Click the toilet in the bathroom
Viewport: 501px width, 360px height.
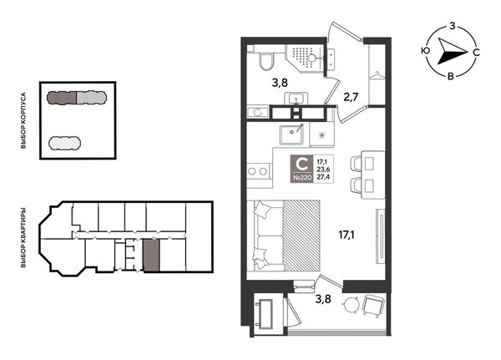[266, 62]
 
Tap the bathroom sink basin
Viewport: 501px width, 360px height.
[297, 99]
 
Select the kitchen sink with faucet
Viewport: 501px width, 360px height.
[291, 134]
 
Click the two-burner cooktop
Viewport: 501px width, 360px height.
[258, 171]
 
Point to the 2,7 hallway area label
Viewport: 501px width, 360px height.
[351, 97]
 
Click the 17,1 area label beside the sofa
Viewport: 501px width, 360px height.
[347, 236]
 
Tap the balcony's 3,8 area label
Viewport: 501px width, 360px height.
[322, 299]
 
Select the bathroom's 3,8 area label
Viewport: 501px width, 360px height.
[280, 84]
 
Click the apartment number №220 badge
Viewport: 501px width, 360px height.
[301, 178]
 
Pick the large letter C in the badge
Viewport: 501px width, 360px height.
[301, 165]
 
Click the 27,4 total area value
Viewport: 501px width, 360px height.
[323, 177]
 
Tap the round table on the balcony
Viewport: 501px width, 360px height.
[352, 304]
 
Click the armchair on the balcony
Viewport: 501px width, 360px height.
[374, 305]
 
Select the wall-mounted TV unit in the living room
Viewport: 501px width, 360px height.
[381, 236]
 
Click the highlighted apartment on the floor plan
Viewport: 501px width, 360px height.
[151, 255]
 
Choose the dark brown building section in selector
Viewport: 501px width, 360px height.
[62, 98]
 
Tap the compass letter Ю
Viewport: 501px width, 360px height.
[425, 51]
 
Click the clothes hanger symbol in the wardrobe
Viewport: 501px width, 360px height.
[377, 75]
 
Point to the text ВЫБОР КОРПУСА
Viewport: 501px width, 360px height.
[23, 120]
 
